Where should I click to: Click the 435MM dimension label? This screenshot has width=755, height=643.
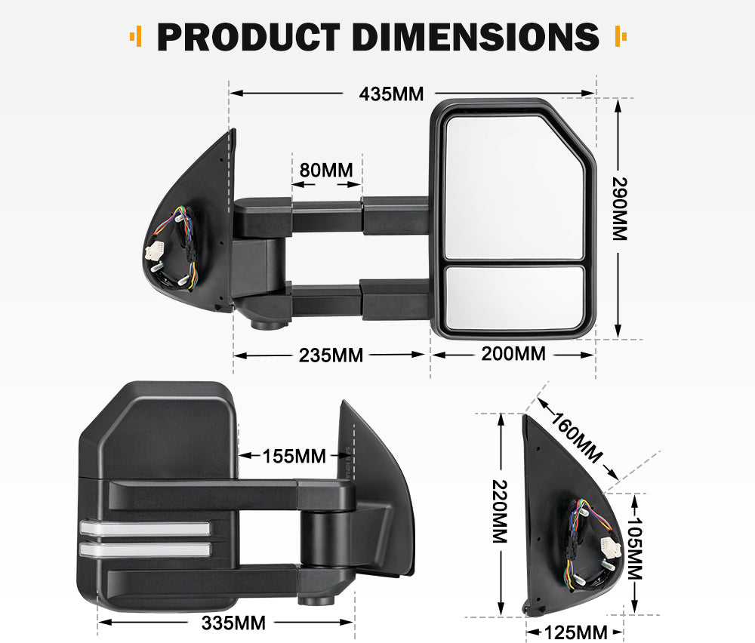coord(391,94)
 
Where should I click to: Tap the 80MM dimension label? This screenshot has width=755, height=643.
coord(326,170)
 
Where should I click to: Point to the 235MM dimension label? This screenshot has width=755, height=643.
coord(331,355)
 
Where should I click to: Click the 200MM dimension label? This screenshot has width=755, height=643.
coord(513,353)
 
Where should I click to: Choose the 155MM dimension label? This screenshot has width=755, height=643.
coord(294,456)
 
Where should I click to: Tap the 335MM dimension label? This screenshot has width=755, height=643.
coord(234,623)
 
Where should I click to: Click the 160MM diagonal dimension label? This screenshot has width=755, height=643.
coord(578,437)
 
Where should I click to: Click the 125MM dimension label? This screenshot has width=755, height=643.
coord(576,632)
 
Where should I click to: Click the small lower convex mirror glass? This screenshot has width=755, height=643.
coord(514,297)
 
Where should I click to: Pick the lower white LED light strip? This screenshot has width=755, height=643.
coord(143,549)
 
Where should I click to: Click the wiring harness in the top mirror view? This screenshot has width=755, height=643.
coord(174,245)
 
